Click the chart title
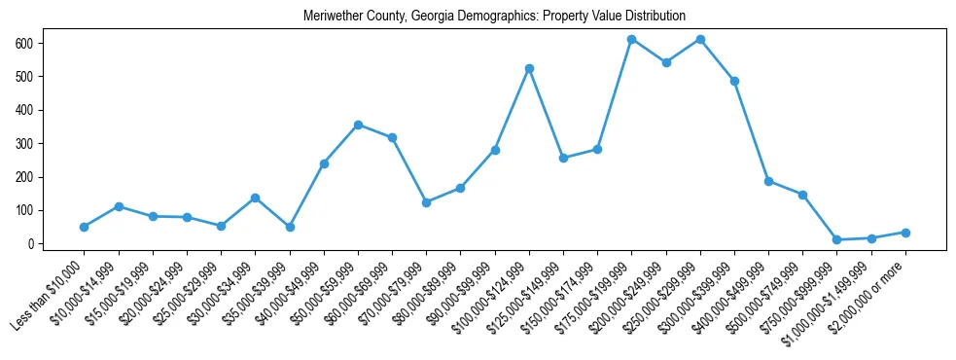(494, 17)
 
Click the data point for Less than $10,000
(84, 227)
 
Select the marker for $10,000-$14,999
(118, 206)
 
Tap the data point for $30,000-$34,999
(255, 198)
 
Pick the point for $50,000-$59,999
(358, 125)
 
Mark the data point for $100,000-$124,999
(529, 68)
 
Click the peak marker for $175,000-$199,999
(631, 39)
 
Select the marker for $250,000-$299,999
(700, 39)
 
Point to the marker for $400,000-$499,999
(768, 181)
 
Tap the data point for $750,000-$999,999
(836, 239)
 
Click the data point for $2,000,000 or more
(905, 233)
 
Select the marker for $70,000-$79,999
(426, 202)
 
